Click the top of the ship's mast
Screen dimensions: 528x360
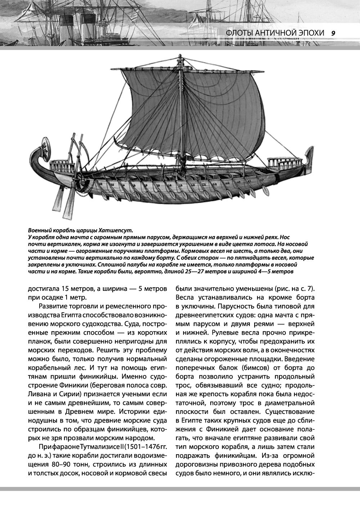point(179,57)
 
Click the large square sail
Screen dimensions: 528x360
point(202,119)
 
